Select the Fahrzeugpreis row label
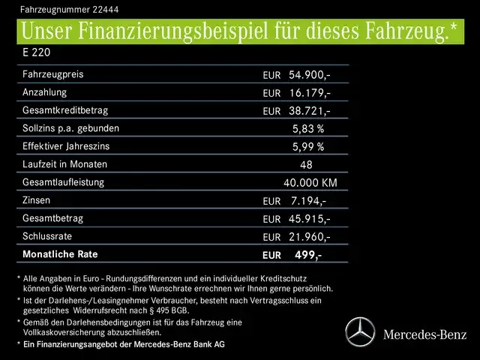coord(53,75)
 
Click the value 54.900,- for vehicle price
coord(309,75)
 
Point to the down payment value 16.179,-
coord(309,93)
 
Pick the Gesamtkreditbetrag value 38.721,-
coord(309,111)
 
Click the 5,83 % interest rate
coord(307,129)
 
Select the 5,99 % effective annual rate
coord(307,147)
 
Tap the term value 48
coord(305,165)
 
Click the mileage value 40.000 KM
coord(310,183)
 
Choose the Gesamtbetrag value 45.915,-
coord(309,219)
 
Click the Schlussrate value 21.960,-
coord(309,237)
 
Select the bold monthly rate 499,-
coord(307,255)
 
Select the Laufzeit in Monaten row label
coord(65,164)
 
